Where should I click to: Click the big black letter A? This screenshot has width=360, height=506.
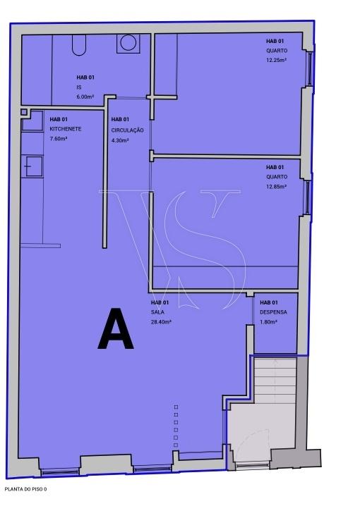click(x=116, y=328)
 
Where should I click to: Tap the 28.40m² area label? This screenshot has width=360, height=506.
click(x=161, y=322)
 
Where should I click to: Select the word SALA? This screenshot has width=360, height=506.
click(x=157, y=312)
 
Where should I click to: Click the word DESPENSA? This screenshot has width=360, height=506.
click(x=273, y=312)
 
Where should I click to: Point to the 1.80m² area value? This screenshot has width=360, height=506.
click(x=268, y=322)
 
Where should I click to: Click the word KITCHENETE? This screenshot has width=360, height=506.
click(x=66, y=129)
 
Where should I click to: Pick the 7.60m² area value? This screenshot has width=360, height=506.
click(x=59, y=139)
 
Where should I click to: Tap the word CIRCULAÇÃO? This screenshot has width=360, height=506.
click(x=127, y=130)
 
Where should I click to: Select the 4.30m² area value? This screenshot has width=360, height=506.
click(x=120, y=140)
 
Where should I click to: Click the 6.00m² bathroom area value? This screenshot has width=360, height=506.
click(x=85, y=97)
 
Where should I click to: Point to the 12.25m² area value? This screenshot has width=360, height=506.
click(x=277, y=60)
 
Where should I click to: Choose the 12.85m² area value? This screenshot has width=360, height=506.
click(x=277, y=186)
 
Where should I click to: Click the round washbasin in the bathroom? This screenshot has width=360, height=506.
click(x=128, y=43)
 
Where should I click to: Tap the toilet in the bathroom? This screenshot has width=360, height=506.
click(x=79, y=45)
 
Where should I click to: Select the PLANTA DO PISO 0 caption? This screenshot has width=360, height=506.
click(x=26, y=489)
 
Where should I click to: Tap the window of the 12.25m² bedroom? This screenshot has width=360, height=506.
click(x=310, y=69)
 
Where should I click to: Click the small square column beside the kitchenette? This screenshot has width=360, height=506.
click(x=24, y=112)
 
